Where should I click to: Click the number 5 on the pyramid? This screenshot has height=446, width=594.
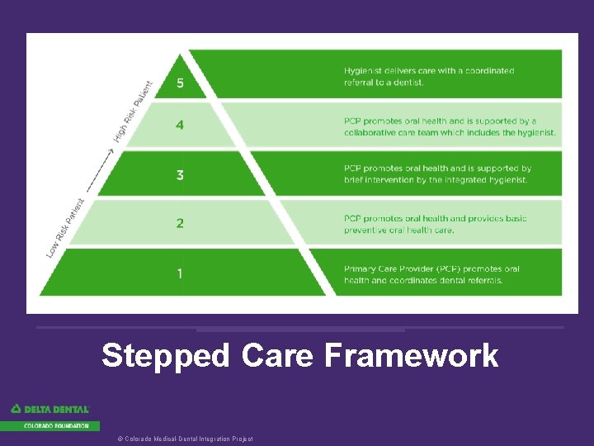click(181, 83)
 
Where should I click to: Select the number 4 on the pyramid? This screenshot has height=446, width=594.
click(180, 126)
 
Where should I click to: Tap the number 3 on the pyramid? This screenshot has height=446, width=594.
click(180, 175)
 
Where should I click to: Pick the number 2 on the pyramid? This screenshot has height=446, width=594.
click(180, 224)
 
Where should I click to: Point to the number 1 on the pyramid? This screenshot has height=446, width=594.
click(180, 273)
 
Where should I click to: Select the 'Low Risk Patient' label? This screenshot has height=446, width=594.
click(65, 226)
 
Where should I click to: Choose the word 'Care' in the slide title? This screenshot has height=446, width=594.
click(278, 356)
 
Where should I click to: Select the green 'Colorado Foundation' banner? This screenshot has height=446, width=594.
click(50, 426)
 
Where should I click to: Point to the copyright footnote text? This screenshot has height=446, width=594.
click(186, 439)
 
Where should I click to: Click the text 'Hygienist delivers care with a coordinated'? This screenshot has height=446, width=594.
click(429, 71)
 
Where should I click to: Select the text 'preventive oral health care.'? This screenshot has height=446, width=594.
click(398, 230)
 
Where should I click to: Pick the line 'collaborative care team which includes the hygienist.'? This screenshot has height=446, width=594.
click(450, 132)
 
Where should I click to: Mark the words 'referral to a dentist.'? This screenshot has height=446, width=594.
click(384, 83)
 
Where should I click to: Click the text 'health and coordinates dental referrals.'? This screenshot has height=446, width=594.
click(423, 281)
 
